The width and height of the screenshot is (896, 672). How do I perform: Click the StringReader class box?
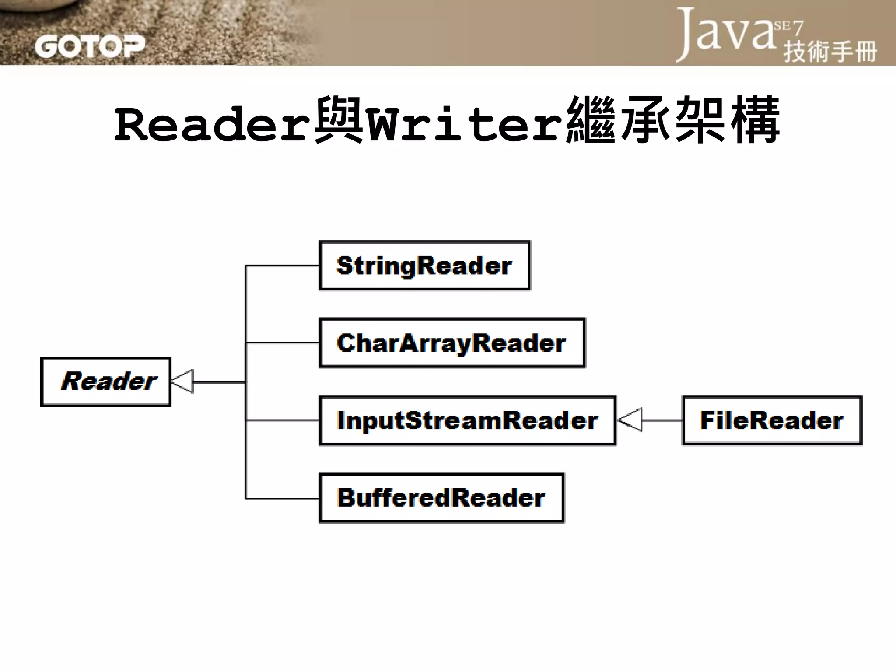pyautogui.click(x=424, y=266)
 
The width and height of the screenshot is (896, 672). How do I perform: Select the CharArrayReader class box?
pyautogui.click(x=452, y=343)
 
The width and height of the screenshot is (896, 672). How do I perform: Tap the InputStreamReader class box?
pyautogui.click(x=467, y=420)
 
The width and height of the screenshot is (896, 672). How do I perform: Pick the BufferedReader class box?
pyautogui.click(x=441, y=498)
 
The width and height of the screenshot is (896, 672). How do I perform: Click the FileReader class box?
pyautogui.click(x=772, y=420)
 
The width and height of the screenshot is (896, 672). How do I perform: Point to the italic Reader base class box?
pyautogui.click(x=105, y=382)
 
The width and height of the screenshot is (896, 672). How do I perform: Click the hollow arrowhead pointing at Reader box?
pyautogui.click(x=183, y=381)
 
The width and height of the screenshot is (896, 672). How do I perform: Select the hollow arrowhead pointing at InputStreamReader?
pyautogui.click(x=630, y=420)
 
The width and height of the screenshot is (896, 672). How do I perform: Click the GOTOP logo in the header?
pyautogui.click(x=90, y=46)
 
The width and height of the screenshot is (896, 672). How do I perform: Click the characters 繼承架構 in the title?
pyautogui.click(x=672, y=120)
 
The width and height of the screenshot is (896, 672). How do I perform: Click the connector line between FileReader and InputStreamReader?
pyautogui.click(x=661, y=420)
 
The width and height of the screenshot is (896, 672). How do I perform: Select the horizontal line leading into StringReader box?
pyautogui.click(x=283, y=266)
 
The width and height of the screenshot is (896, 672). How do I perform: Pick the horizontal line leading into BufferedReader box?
pyautogui.click(x=283, y=498)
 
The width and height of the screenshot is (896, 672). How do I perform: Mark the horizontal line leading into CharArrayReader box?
pyautogui.click(x=283, y=343)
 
